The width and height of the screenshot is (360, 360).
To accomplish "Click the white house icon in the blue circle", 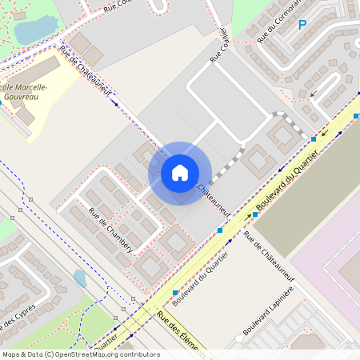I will (x=180, y=173).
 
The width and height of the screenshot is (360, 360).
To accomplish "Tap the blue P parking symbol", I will (x=302, y=26).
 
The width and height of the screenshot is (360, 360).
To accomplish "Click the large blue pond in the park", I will (x=32, y=30).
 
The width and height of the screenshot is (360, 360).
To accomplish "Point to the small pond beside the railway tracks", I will (x=80, y=278).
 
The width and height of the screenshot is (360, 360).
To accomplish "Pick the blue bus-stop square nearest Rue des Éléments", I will (x=174, y=293).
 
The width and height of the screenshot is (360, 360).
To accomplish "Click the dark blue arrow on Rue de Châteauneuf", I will (x=115, y=103).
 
